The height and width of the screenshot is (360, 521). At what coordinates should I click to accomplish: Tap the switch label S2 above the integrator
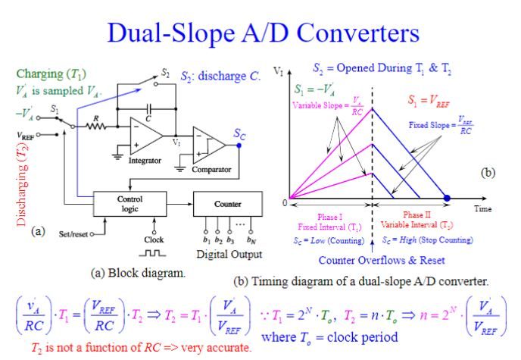165,74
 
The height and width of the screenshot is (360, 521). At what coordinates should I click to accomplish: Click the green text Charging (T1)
50,74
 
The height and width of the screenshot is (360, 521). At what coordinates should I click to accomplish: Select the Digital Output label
229,254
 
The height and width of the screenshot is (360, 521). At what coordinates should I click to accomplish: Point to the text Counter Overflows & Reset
370,261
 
